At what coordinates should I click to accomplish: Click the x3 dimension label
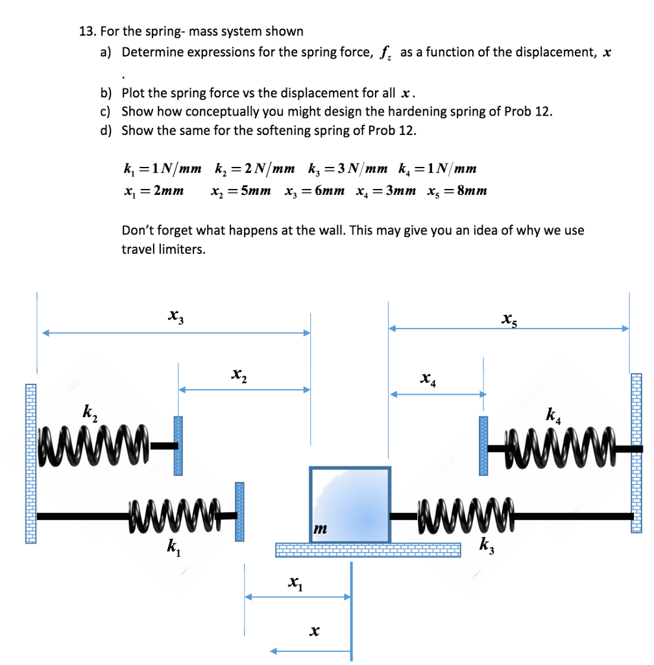(174, 316)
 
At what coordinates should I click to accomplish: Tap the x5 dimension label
(509, 318)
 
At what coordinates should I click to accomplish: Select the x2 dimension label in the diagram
(239, 374)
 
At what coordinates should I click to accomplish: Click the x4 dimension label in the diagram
(428, 378)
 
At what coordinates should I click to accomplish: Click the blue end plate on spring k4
(483, 445)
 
